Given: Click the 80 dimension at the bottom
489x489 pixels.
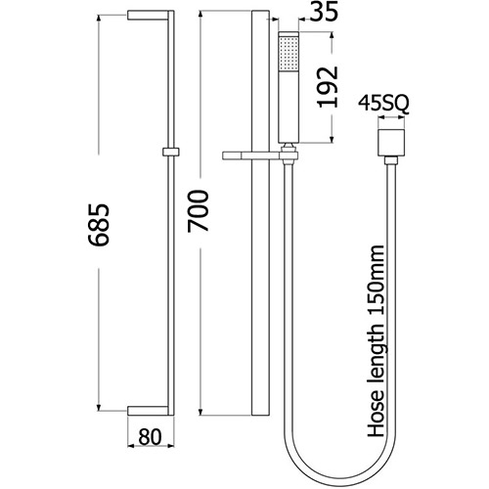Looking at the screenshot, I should (151, 437).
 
